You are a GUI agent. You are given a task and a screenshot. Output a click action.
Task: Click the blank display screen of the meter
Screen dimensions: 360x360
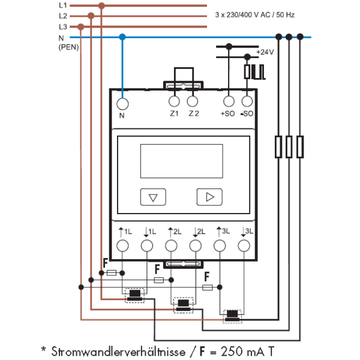[x=182, y=161]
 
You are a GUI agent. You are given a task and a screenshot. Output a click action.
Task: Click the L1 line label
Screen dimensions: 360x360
[x=63, y=5]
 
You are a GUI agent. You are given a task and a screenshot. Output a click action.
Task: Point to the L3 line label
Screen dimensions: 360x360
[x=63, y=27]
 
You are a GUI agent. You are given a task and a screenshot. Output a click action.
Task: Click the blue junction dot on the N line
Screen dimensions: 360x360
[x=122, y=37]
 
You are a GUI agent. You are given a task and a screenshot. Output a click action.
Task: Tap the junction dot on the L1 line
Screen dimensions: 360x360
[x=101, y=6]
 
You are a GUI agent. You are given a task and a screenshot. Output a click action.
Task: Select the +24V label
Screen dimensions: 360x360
[x=265, y=52]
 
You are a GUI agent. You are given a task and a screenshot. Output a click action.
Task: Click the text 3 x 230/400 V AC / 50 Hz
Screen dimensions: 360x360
[x=254, y=15]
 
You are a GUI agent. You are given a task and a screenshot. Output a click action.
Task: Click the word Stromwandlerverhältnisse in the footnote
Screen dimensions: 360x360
[x=118, y=352]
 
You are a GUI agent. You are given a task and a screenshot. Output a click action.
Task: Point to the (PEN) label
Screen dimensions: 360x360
[x=68, y=47]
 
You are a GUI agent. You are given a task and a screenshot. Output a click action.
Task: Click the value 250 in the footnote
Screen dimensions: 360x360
[x=232, y=351]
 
